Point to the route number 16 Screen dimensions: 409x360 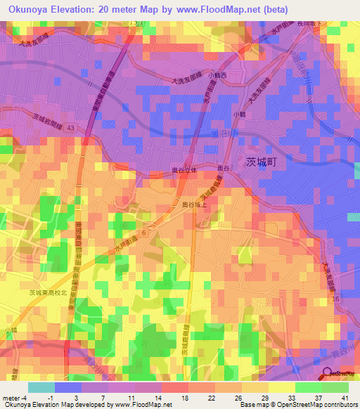335,299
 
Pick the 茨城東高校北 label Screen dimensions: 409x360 49,292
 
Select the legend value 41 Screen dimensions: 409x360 344,398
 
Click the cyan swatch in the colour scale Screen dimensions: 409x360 41,387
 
